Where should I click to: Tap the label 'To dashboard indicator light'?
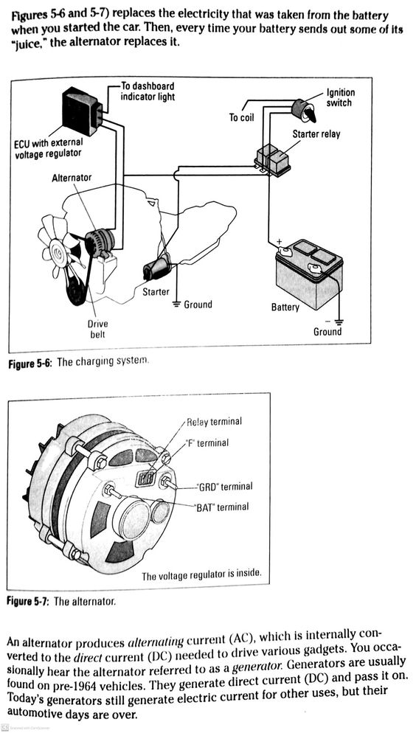[x=148, y=92]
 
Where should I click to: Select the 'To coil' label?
[x=242, y=117]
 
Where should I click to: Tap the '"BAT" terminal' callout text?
[x=222, y=507]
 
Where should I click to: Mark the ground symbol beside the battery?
[x=338, y=321]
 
